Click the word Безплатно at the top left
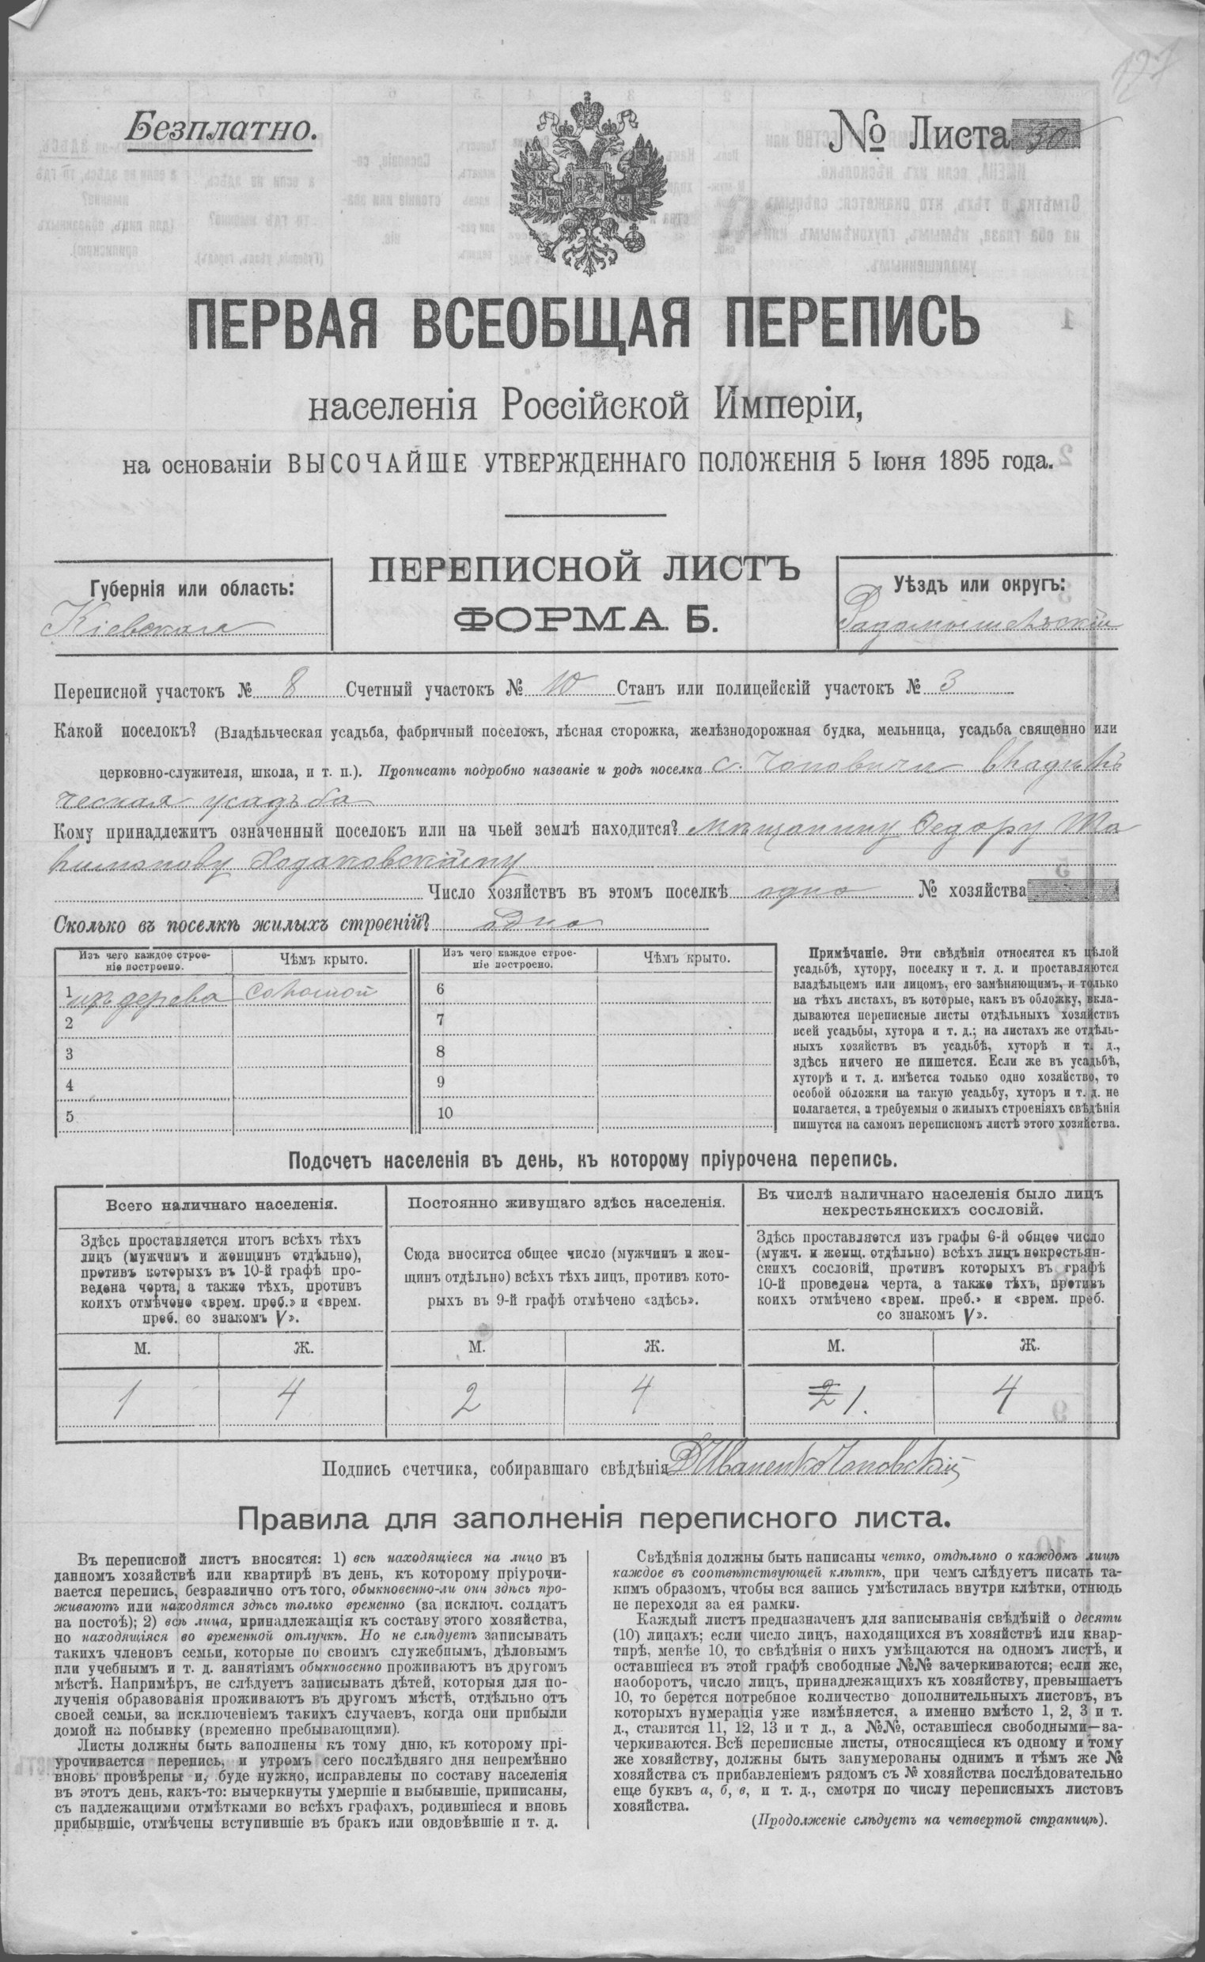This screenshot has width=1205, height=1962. click(215, 126)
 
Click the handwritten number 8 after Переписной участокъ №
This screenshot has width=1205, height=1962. click(298, 686)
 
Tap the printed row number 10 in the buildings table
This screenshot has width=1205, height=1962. click(445, 1113)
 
